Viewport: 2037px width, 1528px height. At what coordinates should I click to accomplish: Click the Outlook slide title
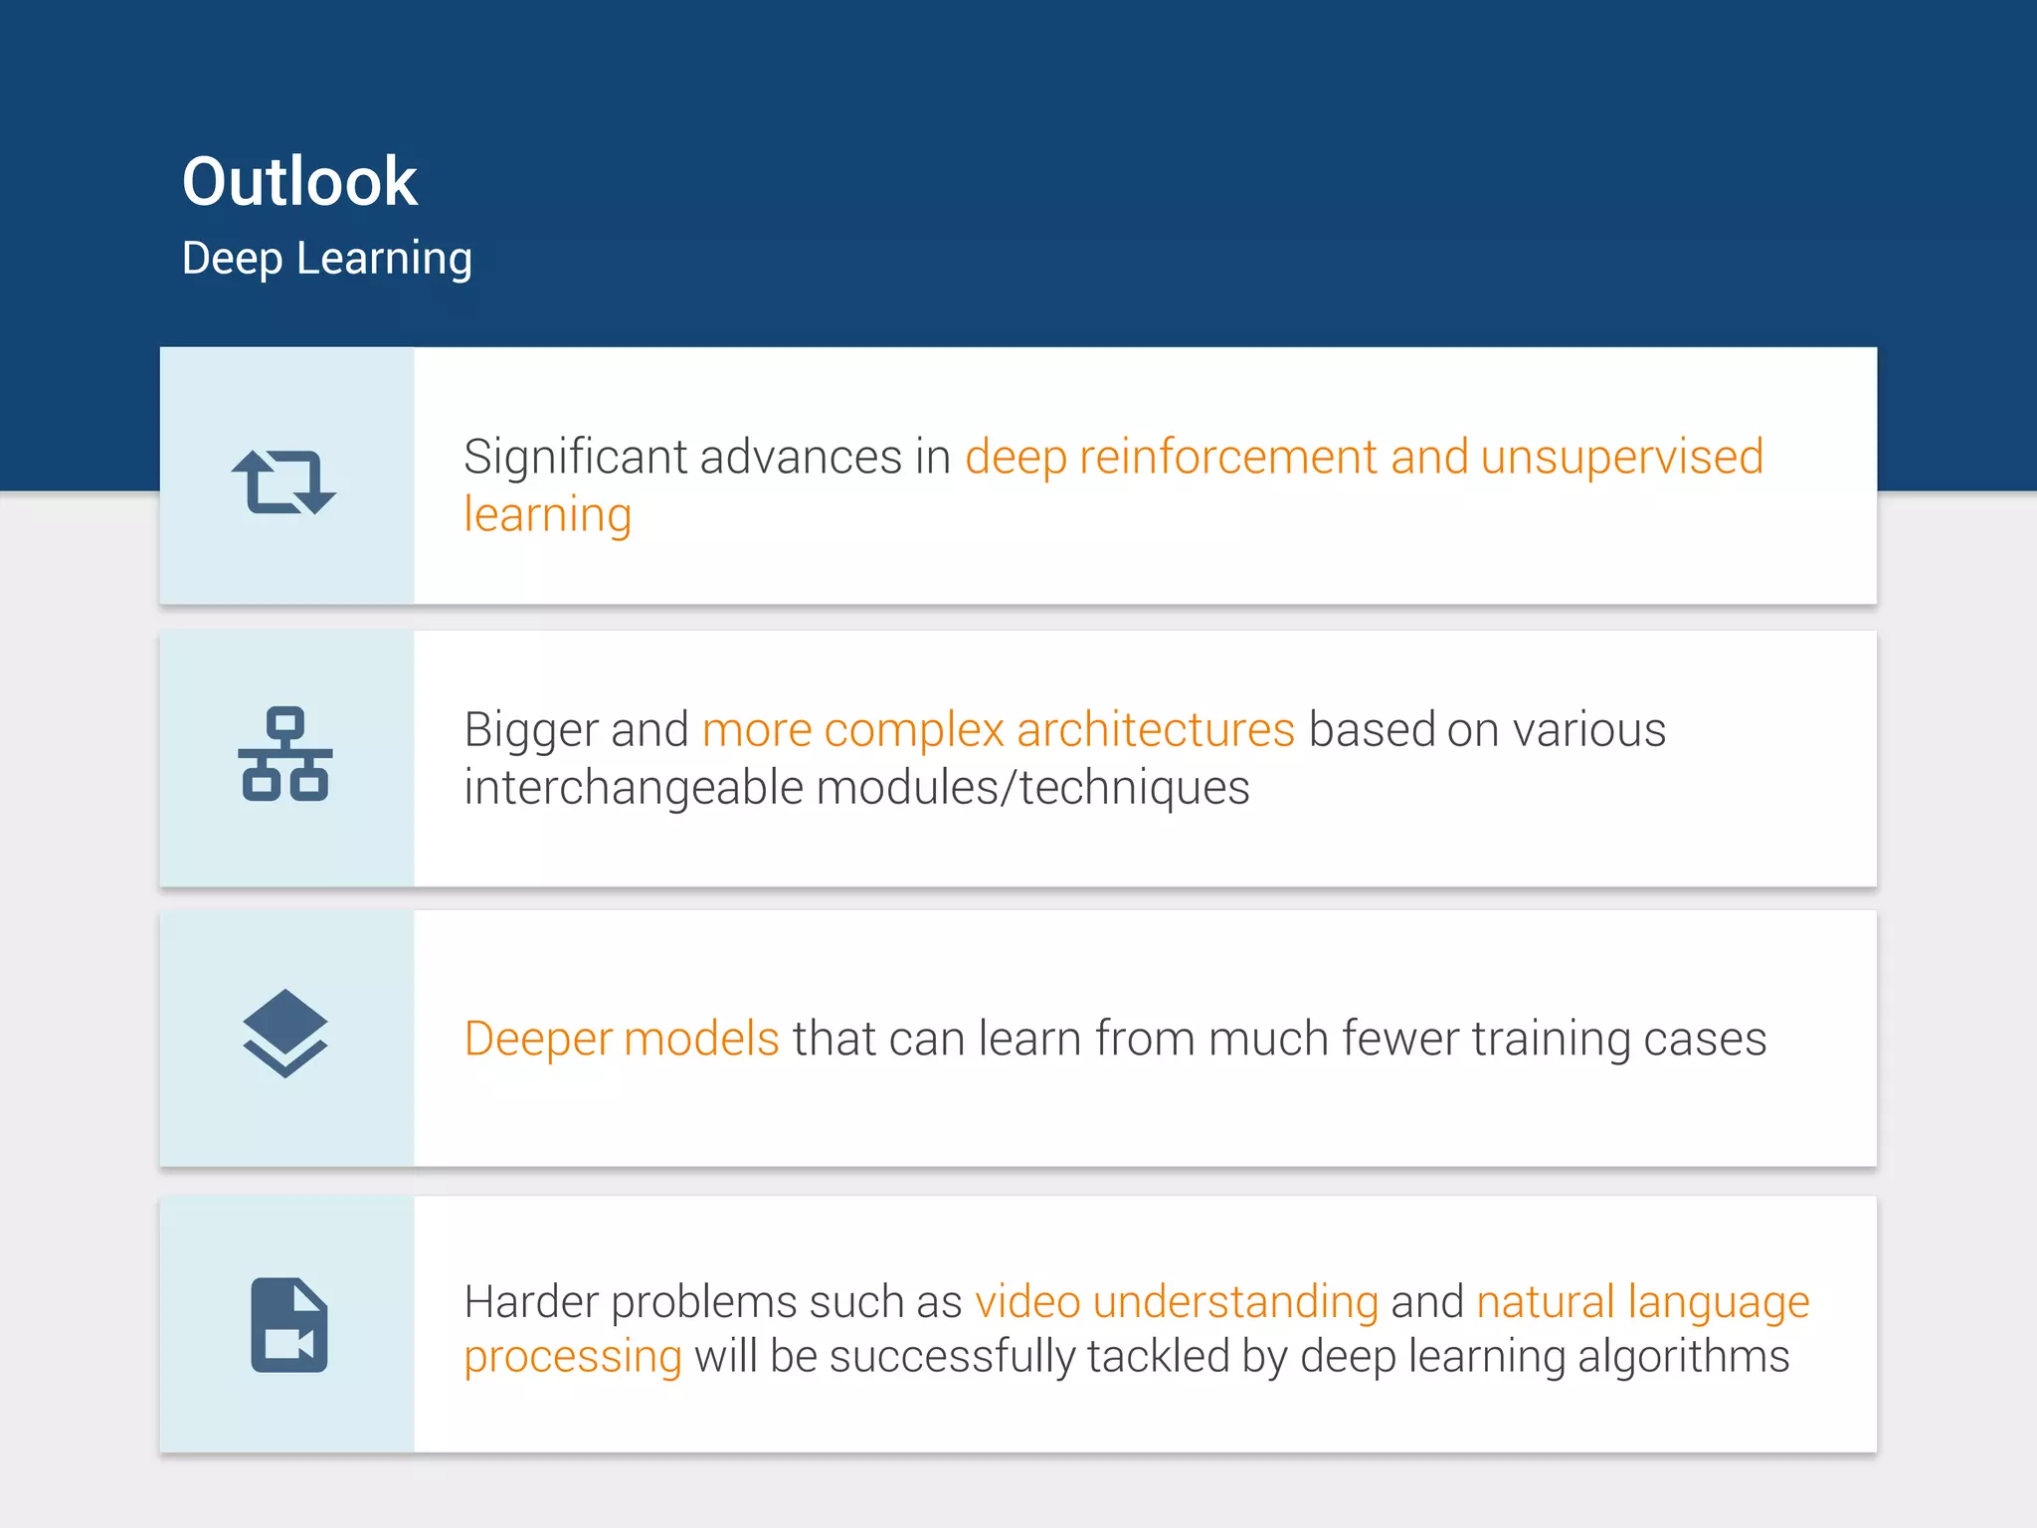click(299, 182)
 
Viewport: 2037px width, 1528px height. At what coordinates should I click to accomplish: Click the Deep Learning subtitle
click(326, 259)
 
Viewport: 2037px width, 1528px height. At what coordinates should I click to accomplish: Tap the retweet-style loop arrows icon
click(284, 482)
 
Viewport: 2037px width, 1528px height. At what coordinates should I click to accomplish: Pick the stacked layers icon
click(285, 1034)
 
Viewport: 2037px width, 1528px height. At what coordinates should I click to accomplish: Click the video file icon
click(288, 1325)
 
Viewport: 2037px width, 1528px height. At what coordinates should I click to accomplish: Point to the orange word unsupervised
click(1621, 458)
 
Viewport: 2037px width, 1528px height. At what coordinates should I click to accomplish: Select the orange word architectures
click(1155, 731)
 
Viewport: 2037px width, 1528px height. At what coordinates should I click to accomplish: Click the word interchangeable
click(634, 788)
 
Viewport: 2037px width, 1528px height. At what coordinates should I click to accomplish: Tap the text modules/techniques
click(1032, 788)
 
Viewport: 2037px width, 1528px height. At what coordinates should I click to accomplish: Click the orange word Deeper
click(538, 1040)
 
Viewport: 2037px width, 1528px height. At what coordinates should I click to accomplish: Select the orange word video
click(1027, 1302)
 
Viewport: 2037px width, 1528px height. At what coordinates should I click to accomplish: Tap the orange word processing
click(573, 1358)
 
